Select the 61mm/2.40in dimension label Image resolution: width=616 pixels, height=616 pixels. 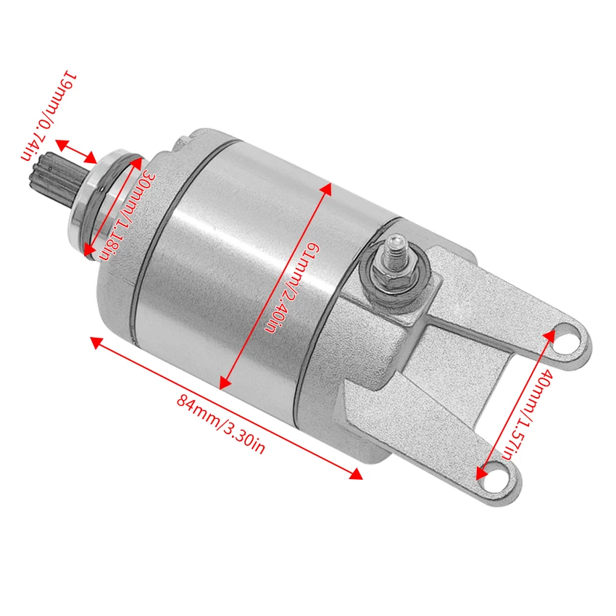288,288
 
